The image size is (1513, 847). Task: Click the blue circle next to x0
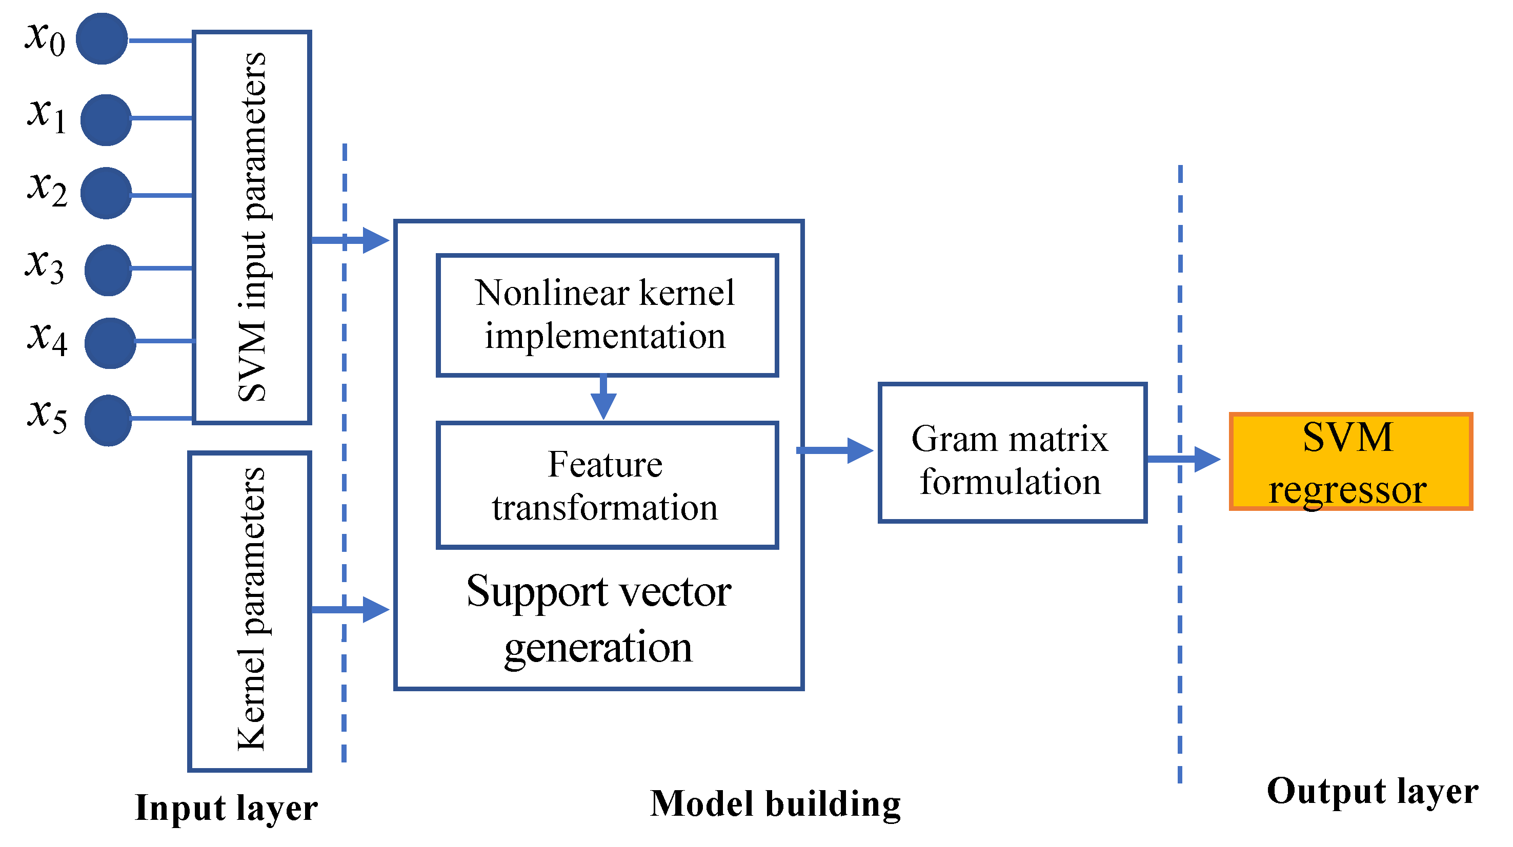coord(102,39)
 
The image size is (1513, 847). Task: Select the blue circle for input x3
coord(108,270)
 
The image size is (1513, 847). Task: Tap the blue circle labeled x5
coord(108,420)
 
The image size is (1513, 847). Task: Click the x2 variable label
coord(47,189)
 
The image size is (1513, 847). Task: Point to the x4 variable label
coord(47,339)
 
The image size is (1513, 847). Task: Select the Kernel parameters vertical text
coord(251,609)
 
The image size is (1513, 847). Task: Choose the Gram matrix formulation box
coord(1012,452)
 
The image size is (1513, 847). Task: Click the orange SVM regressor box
coord(1350,461)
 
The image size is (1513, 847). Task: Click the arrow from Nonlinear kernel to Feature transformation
coord(603,399)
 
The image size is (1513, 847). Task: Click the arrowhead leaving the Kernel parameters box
coord(375,609)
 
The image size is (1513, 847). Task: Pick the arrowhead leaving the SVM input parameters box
coord(375,240)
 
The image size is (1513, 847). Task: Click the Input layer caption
coord(226,808)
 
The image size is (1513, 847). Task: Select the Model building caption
coord(775,803)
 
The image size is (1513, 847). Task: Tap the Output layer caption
coord(1372,791)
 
